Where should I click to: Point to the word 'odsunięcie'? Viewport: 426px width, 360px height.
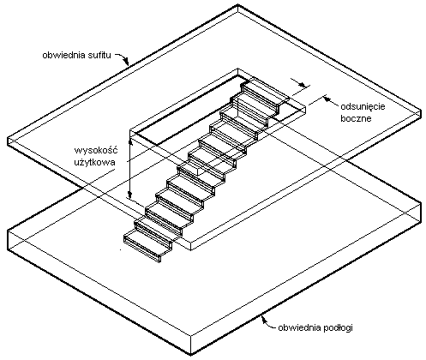click(x=363, y=107)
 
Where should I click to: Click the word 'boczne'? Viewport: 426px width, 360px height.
click(x=356, y=118)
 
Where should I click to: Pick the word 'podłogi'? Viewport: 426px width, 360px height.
click(x=338, y=327)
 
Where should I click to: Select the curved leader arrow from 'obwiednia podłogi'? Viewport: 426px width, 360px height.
click(x=267, y=322)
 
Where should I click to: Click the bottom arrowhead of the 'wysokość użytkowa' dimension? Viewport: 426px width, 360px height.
click(x=130, y=195)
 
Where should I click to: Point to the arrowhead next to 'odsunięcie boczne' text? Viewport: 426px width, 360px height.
click(x=327, y=99)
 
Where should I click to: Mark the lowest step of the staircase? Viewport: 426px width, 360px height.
click(x=147, y=247)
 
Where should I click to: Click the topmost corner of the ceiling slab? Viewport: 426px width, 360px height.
click(x=237, y=4)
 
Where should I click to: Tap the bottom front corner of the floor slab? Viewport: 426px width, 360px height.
click(x=190, y=355)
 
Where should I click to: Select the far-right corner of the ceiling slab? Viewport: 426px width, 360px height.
click(x=421, y=110)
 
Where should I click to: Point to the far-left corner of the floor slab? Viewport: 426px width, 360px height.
click(x=8, y=231)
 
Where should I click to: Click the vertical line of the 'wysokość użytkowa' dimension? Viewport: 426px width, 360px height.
click(x=130, y=169)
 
